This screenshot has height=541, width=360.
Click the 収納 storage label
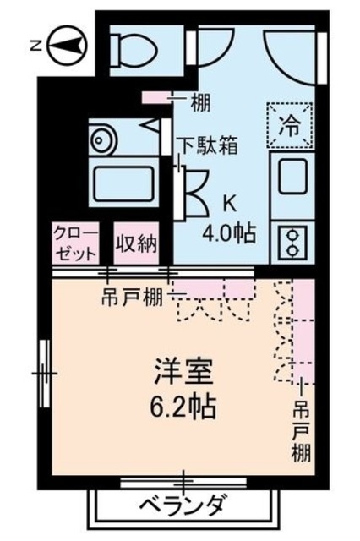137,245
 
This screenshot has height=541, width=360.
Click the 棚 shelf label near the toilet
200,103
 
